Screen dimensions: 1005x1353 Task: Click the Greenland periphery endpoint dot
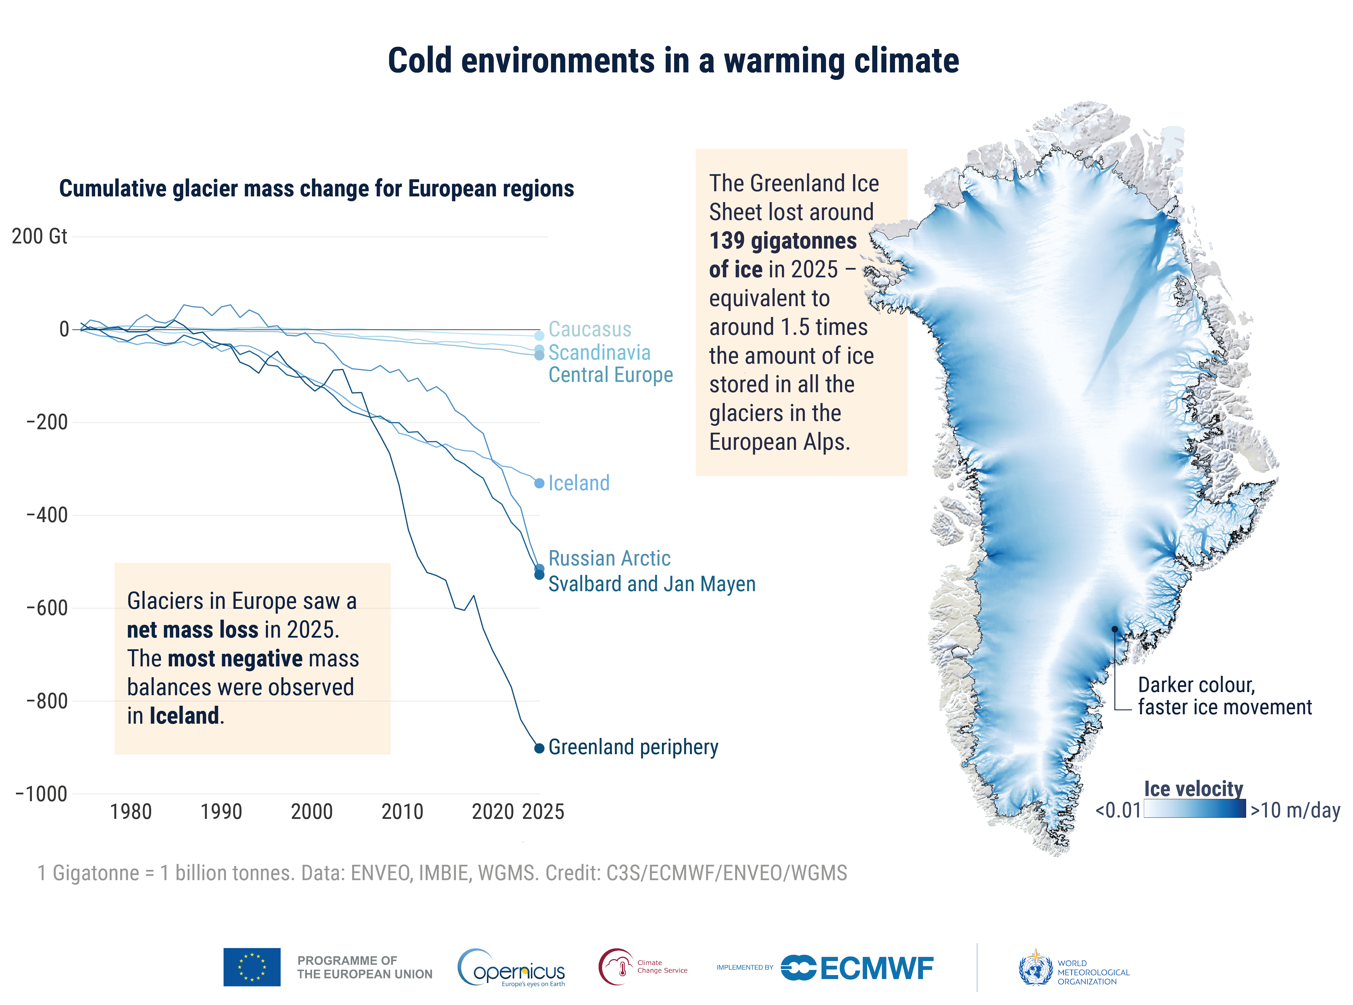point(539,748)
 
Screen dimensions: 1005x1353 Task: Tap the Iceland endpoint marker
point(539,483)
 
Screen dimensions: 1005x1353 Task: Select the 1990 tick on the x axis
point(221,811)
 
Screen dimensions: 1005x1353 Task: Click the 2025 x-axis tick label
point(543,811)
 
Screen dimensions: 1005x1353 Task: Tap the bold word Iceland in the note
point(184,716)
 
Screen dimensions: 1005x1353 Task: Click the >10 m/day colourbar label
point(1295,810)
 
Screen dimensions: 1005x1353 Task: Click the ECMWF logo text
point(876,969)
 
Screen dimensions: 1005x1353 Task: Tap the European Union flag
point(252,967)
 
